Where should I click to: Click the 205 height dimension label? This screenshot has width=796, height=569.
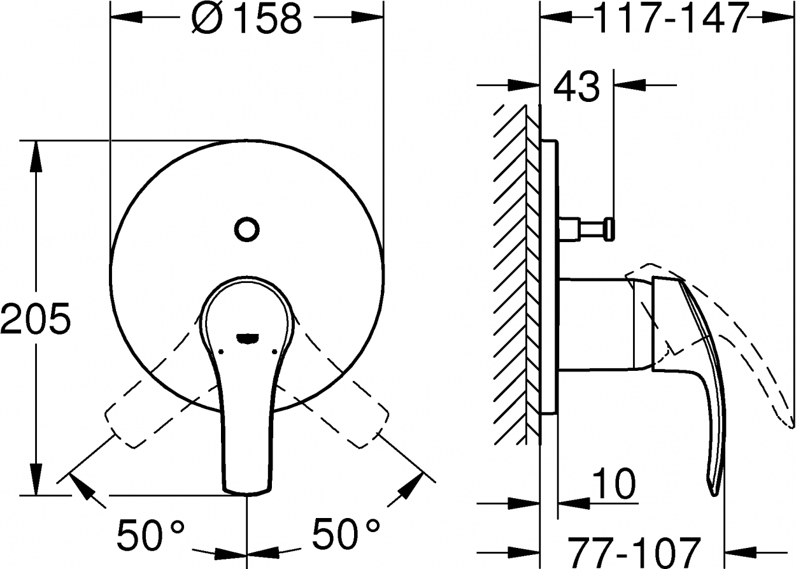pos(36,319)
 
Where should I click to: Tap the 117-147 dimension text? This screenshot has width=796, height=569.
pos(670,18)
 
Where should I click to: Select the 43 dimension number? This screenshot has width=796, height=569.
pos(576,86)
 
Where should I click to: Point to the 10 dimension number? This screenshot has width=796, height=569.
pos(614,484)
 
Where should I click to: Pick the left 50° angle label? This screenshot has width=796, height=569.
pos(151,534)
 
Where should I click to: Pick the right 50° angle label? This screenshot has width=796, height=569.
pos(345,533)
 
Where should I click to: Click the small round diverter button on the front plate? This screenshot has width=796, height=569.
pos(246,229)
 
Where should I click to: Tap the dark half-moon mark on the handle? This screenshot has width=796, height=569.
pos(247,338)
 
